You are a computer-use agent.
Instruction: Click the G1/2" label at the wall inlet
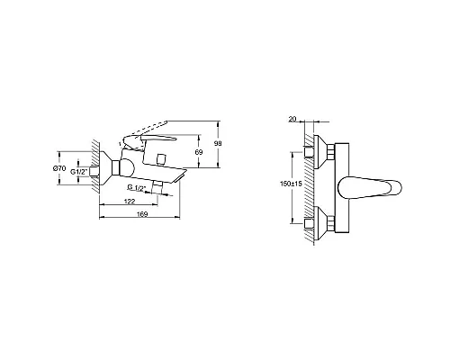[x=78, y=171]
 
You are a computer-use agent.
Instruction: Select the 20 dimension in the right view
[x=292, y=116]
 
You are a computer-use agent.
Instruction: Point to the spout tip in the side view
[x=184, y=179]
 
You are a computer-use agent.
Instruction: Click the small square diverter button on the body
[x=158, y=159]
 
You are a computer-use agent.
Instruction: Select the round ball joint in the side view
[x=126, y=166]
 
